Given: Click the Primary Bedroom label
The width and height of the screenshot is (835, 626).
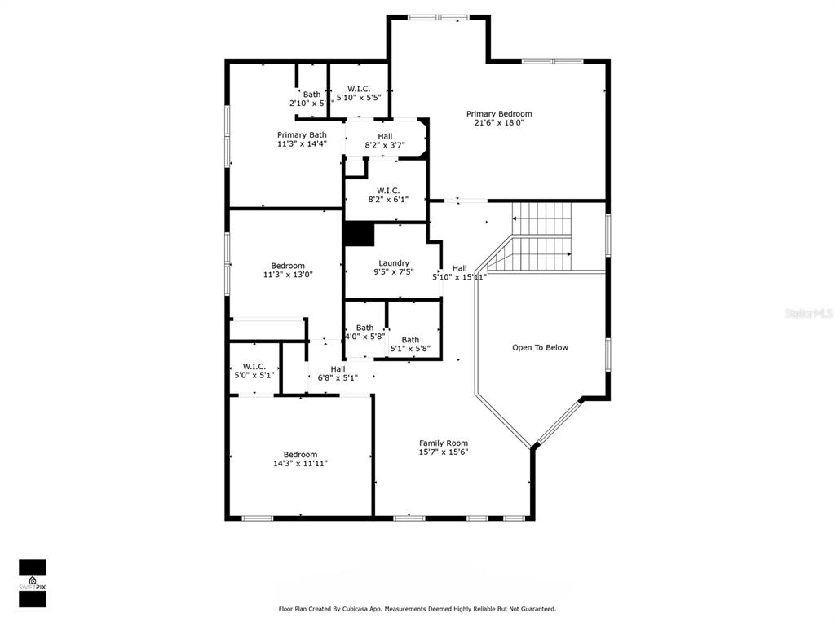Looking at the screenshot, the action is (x=499, y=114).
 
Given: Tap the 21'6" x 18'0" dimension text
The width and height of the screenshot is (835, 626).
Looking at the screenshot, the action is (x=499, y=122).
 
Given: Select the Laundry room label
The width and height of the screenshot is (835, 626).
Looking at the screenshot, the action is (x=394, y=263).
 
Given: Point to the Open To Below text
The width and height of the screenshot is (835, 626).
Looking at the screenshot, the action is (x=540, y=347).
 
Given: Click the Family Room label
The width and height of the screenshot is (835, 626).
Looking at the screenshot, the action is (x=444, y=443).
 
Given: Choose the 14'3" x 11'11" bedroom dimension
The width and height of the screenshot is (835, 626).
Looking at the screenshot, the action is (x=300, y=463).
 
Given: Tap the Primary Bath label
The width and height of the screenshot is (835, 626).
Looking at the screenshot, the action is (x=302, y=135).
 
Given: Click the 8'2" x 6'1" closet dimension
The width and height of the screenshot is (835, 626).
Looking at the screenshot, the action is (x=388, y=200).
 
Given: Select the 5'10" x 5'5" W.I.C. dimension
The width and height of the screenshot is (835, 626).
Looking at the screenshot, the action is (x=359, y=98).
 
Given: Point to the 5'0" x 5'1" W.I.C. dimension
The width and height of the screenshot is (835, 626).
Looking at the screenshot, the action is (x=254, y=375).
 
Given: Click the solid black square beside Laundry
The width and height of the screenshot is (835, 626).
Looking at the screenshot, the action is (x=360, y=234).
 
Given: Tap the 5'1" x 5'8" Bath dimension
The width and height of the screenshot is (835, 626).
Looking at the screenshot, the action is (x=410, y=349).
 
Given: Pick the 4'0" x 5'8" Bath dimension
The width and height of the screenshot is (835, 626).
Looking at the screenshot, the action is (x=364, y=337).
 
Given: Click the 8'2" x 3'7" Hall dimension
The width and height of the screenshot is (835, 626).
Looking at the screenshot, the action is (x=385, y=145).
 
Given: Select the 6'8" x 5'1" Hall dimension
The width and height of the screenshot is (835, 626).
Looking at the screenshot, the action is (x=338, y=378).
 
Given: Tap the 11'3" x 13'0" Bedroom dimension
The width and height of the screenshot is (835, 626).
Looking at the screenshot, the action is (x=288, y=275).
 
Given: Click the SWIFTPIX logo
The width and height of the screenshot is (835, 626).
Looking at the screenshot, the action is (x=33, y=584).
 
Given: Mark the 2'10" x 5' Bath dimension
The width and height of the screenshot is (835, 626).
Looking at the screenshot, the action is (x=307, y=104).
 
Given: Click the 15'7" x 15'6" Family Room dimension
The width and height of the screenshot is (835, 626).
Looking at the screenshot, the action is (x=444, y=452).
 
